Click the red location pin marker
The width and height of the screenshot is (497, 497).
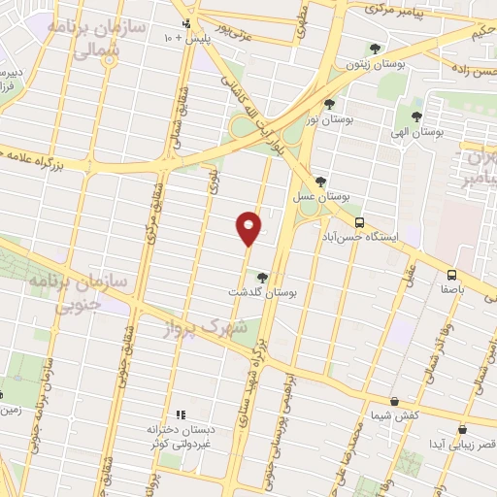[249, 227]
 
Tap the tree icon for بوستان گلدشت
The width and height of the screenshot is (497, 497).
[261, 277]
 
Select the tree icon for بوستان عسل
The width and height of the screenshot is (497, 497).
[320, 181]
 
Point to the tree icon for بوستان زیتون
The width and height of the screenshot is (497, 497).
[376, 49]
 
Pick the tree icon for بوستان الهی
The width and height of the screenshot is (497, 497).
[417, 116]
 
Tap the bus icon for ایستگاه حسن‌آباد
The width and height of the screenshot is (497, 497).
[360, 221]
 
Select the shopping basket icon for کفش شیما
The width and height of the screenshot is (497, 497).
[394, 401]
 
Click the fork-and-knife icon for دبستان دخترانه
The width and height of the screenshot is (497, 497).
[179, 414]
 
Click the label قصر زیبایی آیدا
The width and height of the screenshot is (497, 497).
[438, 443]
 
